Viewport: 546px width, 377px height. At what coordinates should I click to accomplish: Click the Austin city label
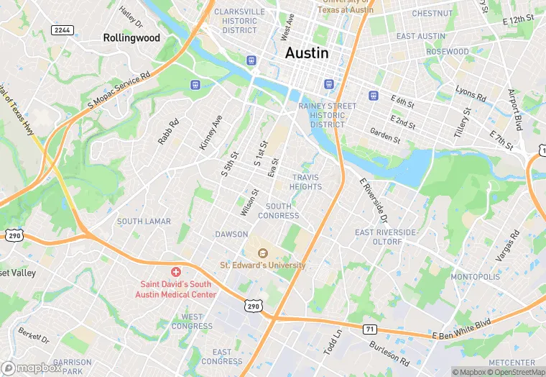coord(307,53)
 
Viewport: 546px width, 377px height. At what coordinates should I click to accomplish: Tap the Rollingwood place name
coord(131,37)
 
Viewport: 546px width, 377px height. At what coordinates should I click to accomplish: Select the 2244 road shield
coord(62,29)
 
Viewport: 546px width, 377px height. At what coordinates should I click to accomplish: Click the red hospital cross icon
coord(176,272)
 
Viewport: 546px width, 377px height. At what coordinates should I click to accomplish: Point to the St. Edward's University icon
coord(262,253)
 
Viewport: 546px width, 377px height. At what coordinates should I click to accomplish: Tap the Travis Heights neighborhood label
coord(307,182)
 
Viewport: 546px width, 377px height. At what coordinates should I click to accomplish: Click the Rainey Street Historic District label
coord(327,115)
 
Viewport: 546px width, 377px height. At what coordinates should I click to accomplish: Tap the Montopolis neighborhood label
coord(475,277)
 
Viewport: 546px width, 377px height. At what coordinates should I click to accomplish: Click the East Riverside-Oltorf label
coord(386,237)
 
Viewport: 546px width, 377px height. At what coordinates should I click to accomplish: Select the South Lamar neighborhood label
coord(144,222)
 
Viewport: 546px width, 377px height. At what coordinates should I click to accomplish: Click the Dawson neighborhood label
coord(231,235)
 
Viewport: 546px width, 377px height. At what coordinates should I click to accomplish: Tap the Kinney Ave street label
coord(211,132)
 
